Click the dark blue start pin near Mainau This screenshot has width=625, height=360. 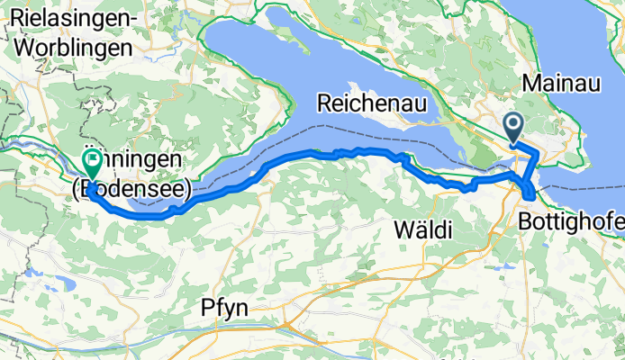pos(515,129)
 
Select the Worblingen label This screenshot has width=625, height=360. pos(68,46)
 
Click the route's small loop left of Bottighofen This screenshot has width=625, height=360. pos(527,192)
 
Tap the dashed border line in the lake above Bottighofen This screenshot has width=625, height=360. pos(585,188)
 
